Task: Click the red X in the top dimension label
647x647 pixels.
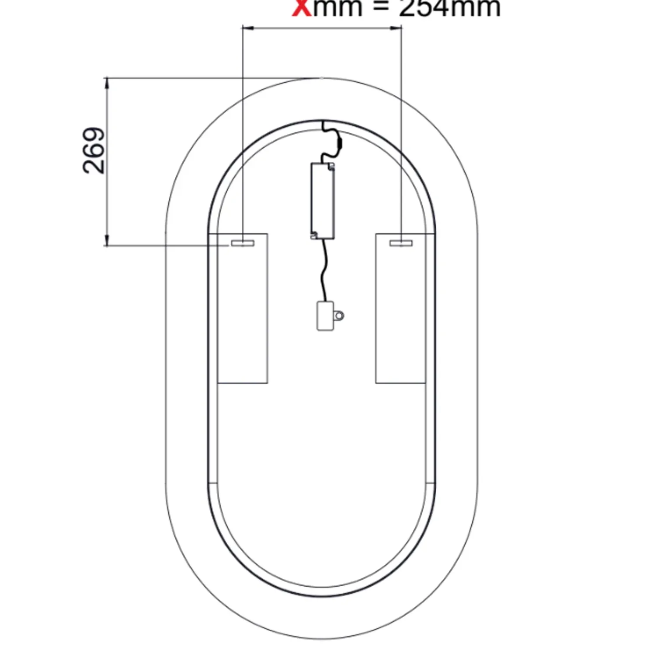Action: coord(302,8)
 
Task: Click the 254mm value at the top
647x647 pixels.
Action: coord(450,8)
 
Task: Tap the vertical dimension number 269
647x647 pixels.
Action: coord(94,151)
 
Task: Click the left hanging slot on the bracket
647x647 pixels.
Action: coord(243,243)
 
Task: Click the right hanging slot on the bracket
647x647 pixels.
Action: coord(401,243)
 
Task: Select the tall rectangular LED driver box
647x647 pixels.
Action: coord(323,201)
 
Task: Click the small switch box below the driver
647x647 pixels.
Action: coord(325,316)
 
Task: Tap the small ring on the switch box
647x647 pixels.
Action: coord(339,315)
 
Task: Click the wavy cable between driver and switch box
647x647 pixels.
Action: coord(323,271)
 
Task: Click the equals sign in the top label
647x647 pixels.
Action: coord(381,8)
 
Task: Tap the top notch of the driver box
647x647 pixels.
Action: coord(332,166)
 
